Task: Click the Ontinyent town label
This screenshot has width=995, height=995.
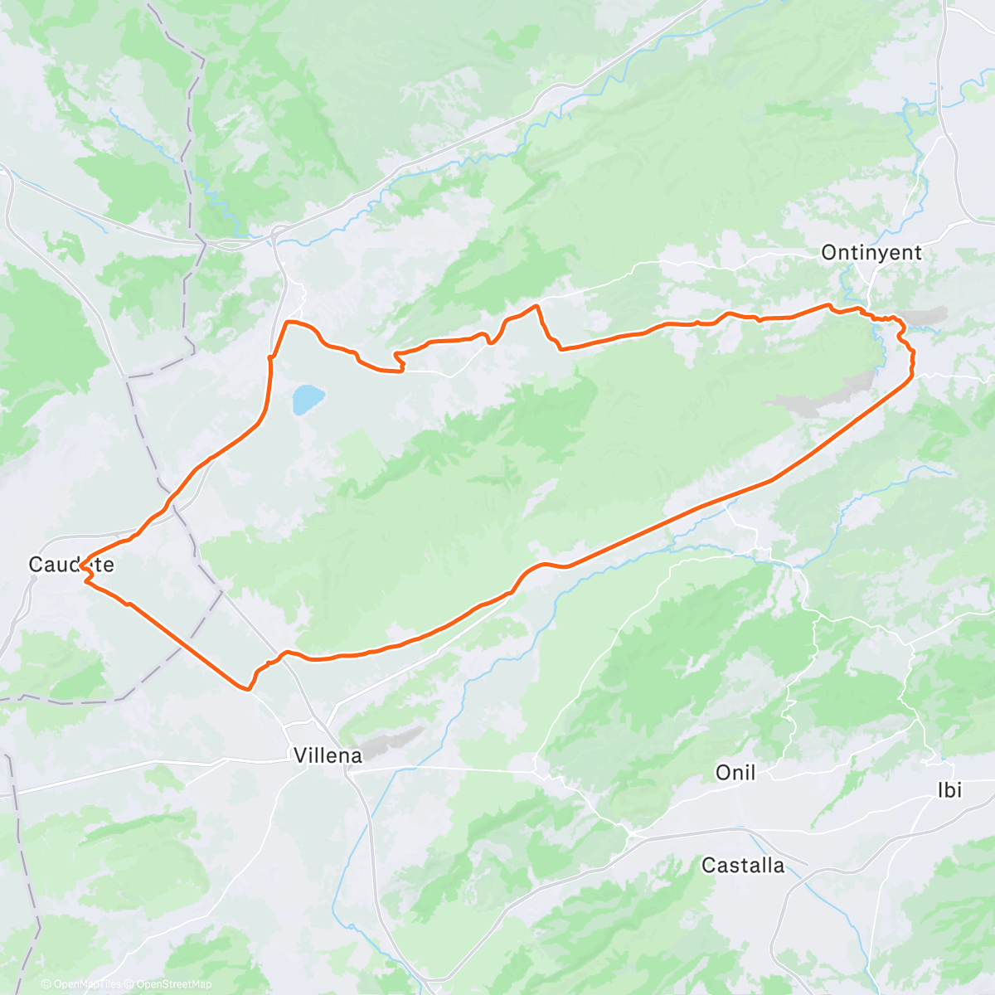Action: [871, 252]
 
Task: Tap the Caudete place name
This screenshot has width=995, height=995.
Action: [71, 565]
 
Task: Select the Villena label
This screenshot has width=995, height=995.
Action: [328, 755]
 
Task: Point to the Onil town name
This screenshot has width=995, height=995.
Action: [735, 773]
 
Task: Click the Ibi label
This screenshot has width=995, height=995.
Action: [949, 790]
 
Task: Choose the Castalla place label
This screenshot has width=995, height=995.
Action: [743, 866]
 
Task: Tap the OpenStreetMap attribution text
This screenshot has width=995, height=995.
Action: [173, 984]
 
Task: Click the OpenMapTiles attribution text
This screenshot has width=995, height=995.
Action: [87, 984]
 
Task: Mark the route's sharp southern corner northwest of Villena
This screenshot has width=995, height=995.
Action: [247, 688]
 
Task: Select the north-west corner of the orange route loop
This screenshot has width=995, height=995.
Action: [288, 322]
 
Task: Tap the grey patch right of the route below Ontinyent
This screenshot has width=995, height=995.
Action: [925, 317]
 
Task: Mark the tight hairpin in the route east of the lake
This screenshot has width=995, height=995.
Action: [398, 358]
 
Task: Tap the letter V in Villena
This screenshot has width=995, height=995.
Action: [299, 755]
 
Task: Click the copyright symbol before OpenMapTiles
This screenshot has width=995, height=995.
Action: [46, 984]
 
